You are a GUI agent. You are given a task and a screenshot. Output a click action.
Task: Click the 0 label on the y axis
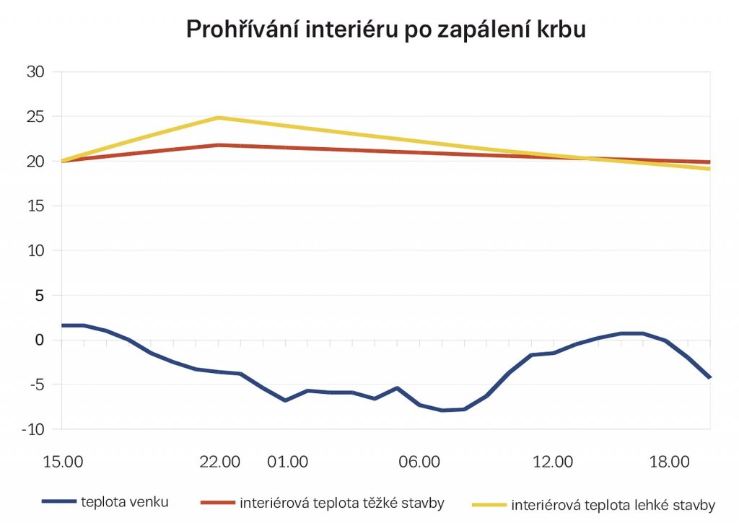(40, 340)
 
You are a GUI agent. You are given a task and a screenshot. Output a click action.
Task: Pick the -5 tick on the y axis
(37, 384)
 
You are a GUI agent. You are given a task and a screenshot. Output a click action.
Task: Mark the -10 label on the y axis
(33, 429)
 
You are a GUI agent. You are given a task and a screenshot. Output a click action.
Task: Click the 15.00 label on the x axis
(63, 462)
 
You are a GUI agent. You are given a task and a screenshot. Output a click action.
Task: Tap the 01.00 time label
(287, 462)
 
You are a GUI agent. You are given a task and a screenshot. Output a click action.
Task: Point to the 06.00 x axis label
(421, 462)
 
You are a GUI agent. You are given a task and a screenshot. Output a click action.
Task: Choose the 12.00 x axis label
(554, 462)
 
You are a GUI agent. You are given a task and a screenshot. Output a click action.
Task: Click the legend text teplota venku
(126, 501)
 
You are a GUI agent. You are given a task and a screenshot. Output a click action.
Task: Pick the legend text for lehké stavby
(613, 504)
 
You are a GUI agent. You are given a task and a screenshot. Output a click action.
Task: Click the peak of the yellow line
(219, 118)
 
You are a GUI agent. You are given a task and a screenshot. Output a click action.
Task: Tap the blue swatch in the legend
(58, 501)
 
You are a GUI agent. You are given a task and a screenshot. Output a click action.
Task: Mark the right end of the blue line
(710, 377)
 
